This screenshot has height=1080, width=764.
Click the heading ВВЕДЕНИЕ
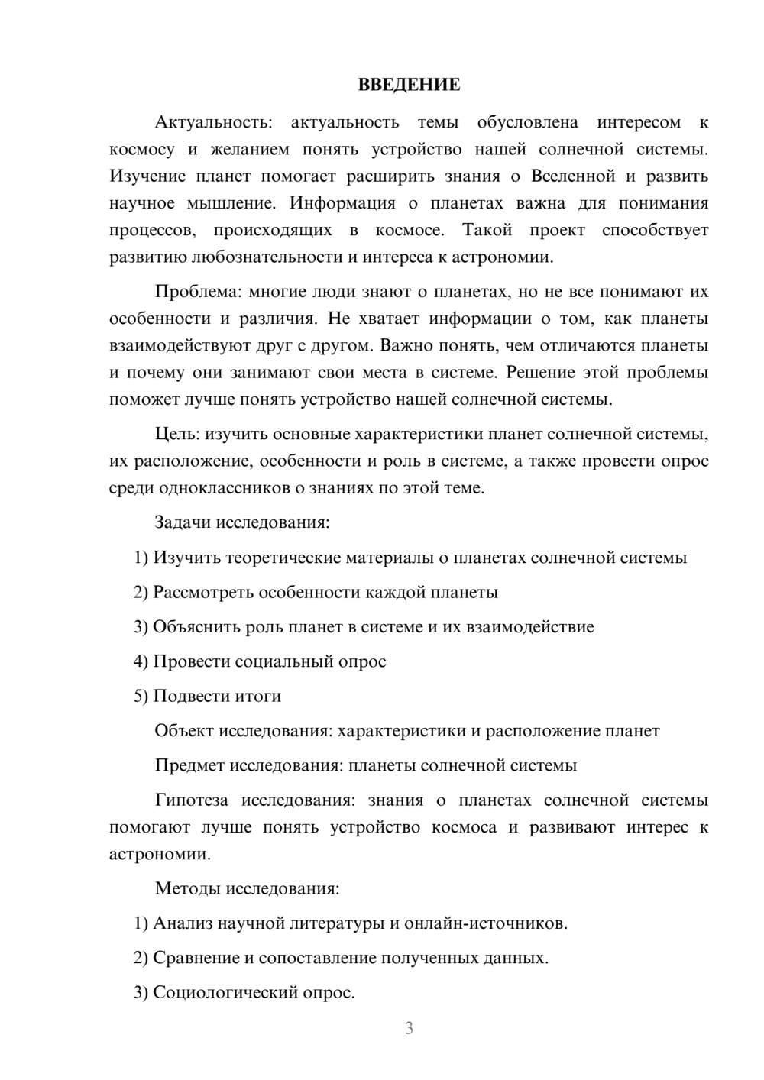(409, 85)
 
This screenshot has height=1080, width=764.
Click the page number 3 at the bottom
(409, 1028)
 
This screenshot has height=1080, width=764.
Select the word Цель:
(177, 434)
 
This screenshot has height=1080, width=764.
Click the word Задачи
(183, 522)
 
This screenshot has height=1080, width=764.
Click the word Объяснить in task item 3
(196, 626)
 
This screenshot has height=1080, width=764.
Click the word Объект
(184, 731)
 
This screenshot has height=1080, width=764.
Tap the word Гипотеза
(191, 800)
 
